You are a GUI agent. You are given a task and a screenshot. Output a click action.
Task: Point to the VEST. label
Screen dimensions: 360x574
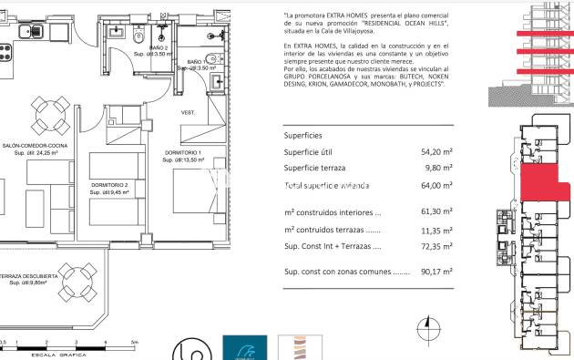189,113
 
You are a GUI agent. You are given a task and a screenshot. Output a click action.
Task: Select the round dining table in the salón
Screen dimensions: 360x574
47,114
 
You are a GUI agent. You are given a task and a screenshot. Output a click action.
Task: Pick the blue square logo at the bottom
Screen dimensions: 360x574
244,348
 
